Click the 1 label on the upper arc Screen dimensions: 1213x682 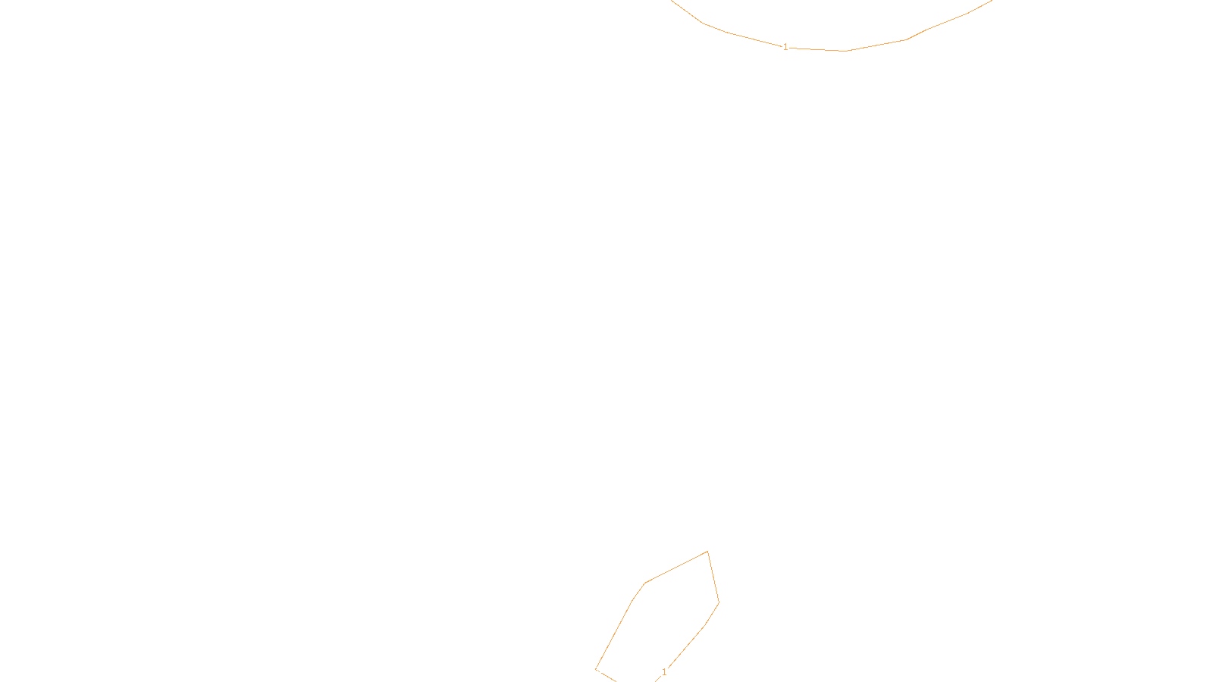785,47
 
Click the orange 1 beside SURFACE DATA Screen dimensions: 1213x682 664,672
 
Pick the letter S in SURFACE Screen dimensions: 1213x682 591,670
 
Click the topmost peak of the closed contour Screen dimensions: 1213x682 707,552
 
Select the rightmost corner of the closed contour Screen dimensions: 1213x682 719,603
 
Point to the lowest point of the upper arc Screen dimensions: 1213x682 845,51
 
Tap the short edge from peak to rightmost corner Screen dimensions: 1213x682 713,577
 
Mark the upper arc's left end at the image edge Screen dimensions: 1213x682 672,2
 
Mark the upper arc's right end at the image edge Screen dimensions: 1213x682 990,2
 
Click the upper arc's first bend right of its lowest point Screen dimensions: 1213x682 906,40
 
